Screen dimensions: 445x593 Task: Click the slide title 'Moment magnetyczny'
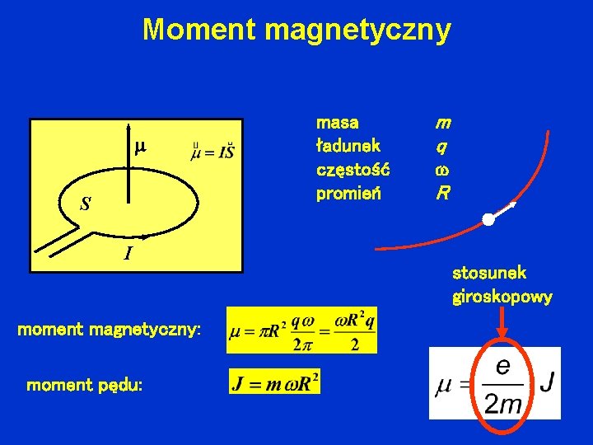click(296, 30)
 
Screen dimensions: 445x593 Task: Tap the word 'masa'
click(338, 123)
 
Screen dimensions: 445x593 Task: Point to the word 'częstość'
click(353, 171)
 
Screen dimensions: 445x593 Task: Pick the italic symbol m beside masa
click(443, 123)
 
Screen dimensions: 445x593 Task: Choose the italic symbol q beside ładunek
click(442, 147)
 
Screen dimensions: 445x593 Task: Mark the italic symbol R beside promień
click(443, 194)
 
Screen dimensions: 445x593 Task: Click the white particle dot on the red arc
click(488, 220)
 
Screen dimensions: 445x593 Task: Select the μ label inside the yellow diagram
click(140, 148)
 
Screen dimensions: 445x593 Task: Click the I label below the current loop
click(128, 254)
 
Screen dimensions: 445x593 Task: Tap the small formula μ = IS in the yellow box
click(213, 152)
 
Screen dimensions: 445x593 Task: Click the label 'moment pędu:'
click(85, 385)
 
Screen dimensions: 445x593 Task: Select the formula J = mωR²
click(275, 382)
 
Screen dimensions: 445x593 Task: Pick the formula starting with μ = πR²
click(302, 330)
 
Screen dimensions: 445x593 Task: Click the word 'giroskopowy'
click(502, 297)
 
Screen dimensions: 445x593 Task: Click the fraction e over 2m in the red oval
click(502, 385)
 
